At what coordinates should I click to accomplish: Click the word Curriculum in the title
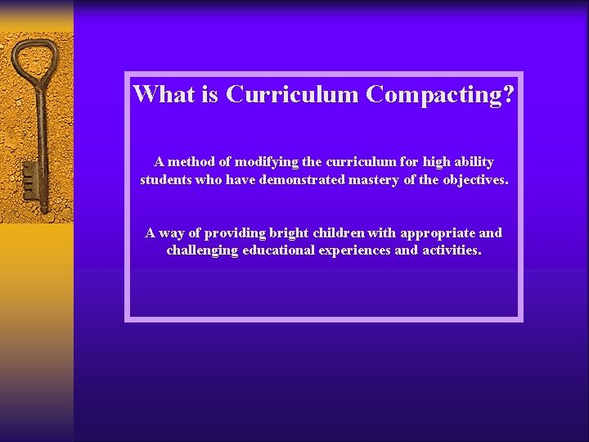click(x=293, y=94)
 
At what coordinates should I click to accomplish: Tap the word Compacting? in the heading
click(x=440, y=95)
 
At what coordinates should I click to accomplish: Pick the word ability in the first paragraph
click(x=473, y=162)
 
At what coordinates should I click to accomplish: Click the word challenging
click(x=203, y=251)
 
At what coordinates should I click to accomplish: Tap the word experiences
click(x=357, y=251)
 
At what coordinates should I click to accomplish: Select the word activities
click(x=452, y=250)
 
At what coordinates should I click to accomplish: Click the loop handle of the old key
click(x=32, y=61)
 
